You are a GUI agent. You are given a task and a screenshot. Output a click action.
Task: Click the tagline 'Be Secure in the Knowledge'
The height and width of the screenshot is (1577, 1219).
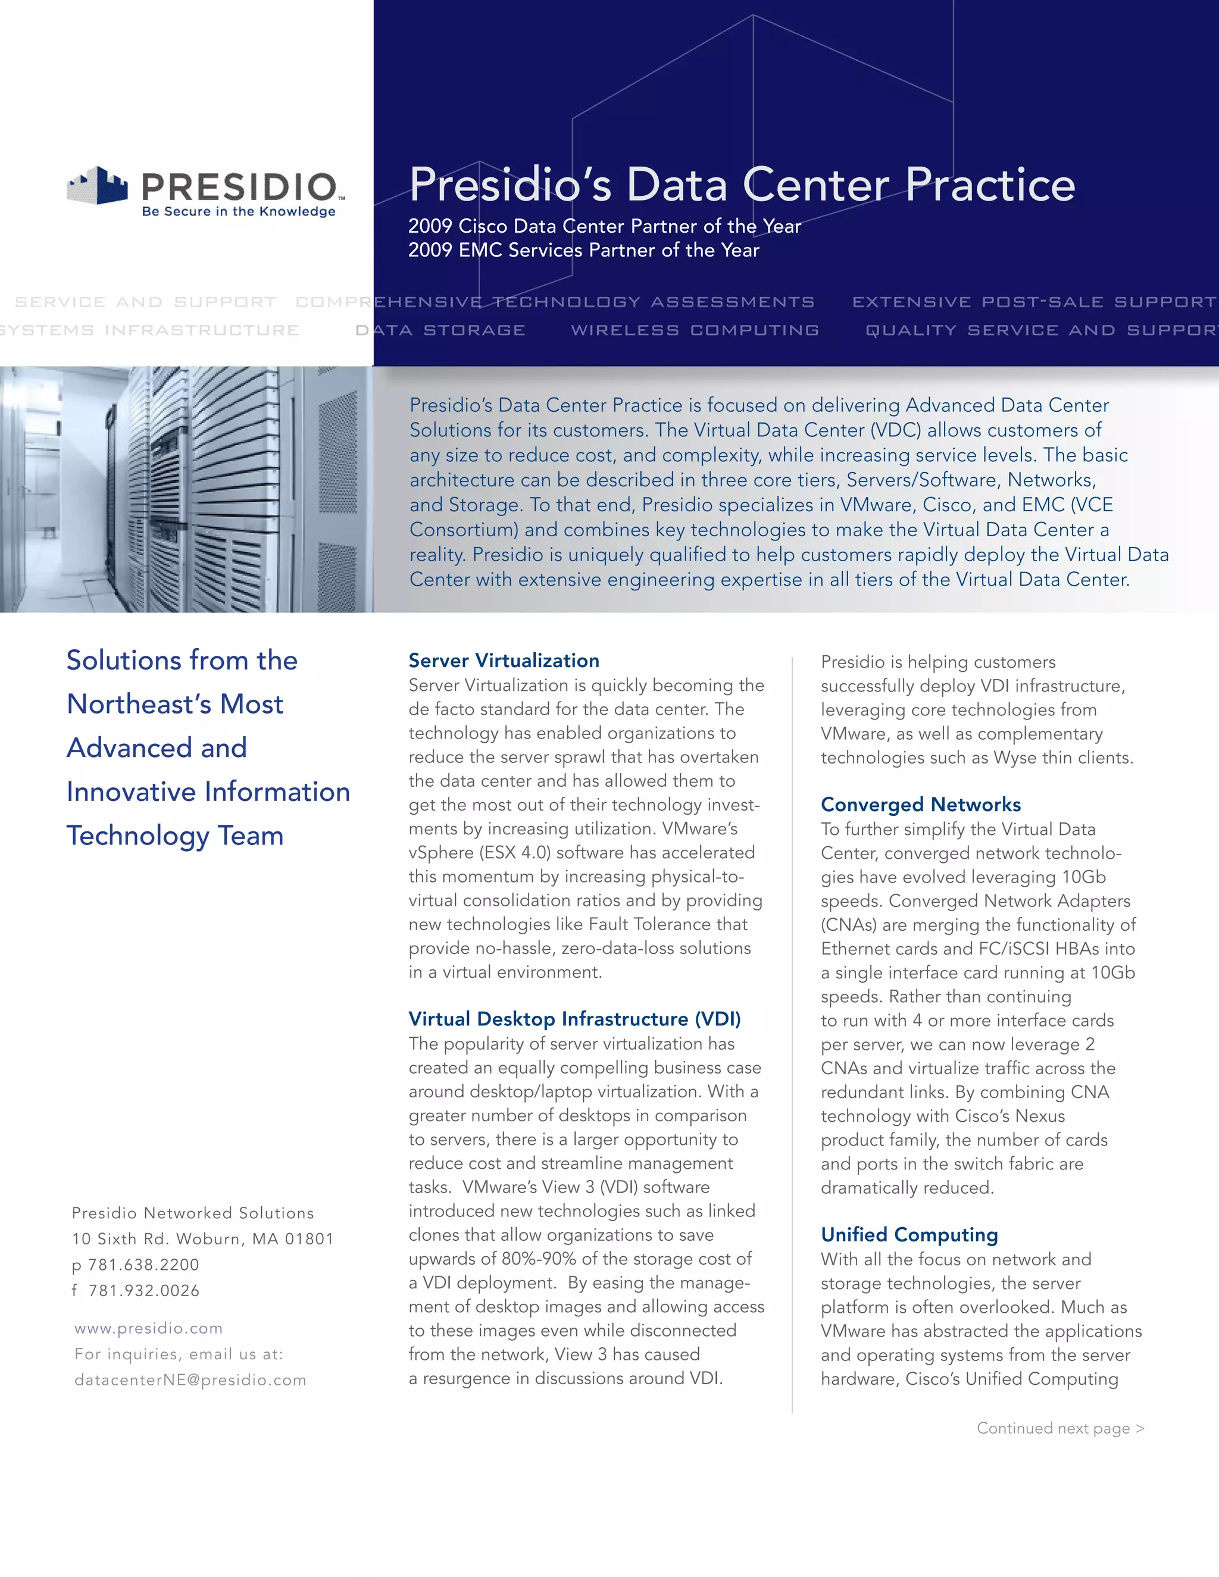pos(238,212)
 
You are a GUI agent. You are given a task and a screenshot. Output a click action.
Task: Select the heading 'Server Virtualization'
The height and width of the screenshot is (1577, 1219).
pos(504,660)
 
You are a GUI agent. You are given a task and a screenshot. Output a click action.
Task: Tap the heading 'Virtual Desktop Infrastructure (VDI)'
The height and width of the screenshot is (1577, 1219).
pos(574,1019)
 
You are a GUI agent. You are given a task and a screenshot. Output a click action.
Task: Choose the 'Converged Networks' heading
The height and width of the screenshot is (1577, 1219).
pos(920,805)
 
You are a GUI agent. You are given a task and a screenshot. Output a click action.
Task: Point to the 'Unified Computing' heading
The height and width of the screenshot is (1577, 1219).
pos(909,1235)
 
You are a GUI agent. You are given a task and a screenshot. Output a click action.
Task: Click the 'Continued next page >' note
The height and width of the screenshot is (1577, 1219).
pos(1060,1428)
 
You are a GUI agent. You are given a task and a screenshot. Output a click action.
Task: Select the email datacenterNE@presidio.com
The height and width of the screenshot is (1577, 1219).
pos(190,1380)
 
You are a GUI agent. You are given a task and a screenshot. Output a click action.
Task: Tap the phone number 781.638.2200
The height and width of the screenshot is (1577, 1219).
pos(143,1265)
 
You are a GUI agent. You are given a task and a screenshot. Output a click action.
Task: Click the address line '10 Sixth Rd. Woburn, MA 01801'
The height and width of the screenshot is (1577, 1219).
pos(203,1239)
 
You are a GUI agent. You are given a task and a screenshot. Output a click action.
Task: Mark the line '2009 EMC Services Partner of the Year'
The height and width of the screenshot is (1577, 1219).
pos(583,251)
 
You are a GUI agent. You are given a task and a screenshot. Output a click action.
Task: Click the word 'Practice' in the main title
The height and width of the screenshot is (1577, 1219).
pos(989,185)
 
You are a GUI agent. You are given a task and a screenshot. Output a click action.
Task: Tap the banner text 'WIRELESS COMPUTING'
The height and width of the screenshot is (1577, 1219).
pos(695,330)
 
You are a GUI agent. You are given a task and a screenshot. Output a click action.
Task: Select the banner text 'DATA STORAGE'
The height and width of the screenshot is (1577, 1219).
pos(440,330)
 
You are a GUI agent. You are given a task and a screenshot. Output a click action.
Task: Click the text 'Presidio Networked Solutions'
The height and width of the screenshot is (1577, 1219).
pos(193,1213)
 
